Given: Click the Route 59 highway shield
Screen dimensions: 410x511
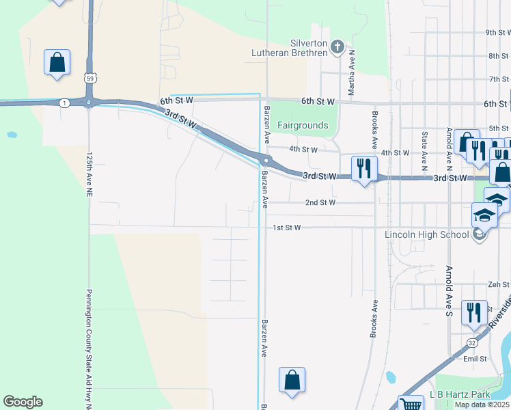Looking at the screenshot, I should tap(89, 79).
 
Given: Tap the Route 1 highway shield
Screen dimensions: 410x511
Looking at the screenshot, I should tap(64, 102).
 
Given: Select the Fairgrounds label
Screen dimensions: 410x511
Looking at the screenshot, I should tap(303, 126).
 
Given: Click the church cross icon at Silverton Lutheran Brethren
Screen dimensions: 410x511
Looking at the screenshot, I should tap(336, 46).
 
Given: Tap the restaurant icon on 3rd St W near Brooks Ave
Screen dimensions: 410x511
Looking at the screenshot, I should tap(364, 169).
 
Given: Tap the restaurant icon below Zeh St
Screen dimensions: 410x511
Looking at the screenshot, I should tap(474, 312).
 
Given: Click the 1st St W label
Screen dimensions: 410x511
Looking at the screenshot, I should tap(286, 228).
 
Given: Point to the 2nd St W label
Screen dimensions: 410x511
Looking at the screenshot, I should tap(320, 203).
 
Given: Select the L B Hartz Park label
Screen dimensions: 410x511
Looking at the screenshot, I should tap(460, 395).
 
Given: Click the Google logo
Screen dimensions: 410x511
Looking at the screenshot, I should tap(23, 402).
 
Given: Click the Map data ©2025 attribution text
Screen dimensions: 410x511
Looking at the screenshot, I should tap(482, 405).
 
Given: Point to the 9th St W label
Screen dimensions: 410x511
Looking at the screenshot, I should tap(497, 32).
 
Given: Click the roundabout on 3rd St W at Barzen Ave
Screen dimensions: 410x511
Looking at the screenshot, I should tap(265, 161).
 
